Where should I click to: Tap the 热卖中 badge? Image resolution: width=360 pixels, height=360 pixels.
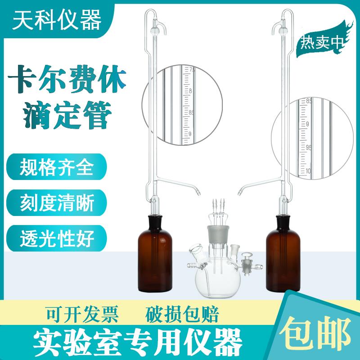(321, 44)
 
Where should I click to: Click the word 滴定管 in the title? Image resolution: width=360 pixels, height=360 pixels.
(69, 114)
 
